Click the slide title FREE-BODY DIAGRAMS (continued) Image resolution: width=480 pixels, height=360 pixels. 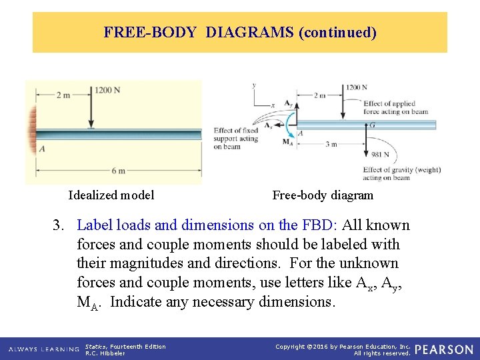pos(240,32)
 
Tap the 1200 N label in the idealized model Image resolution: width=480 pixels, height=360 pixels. pos(107,90)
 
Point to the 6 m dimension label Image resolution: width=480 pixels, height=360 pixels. pos(118,171)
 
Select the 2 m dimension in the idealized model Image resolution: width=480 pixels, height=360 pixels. pos(63,95)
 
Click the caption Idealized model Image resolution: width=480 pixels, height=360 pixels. pos(111,195)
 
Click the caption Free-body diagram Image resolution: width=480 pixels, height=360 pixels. pos(323,195)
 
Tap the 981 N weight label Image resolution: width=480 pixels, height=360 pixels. pos(381,155)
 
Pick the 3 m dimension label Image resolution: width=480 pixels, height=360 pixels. pos(331,144)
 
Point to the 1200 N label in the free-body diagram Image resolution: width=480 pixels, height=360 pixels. pos(357,87)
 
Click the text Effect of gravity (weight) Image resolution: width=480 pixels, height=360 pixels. pos(402,169)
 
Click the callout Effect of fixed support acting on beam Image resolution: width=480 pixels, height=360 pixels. pos(235,139)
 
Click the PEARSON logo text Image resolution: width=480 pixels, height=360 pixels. pos(444,349)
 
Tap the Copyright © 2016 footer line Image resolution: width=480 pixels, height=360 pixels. pos(343,346)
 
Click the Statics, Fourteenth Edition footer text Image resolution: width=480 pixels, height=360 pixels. pos(125,346)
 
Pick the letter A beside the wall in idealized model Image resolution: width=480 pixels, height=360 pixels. pos(41,149)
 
